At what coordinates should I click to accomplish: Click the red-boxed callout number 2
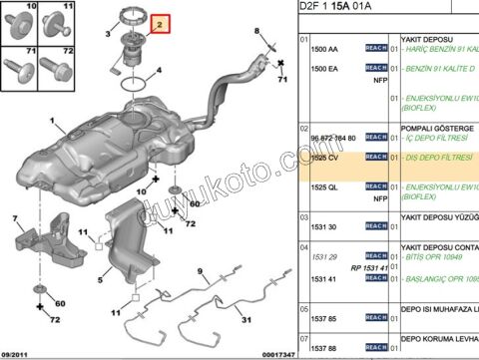click(x=159, y=22)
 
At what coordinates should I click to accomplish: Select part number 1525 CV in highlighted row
click(x=325, y=158)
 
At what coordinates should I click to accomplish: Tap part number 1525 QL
click(x=325, y=186)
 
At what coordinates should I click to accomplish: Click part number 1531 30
click(x=325, y=226)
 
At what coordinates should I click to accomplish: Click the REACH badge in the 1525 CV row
click(x=376, y=158)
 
